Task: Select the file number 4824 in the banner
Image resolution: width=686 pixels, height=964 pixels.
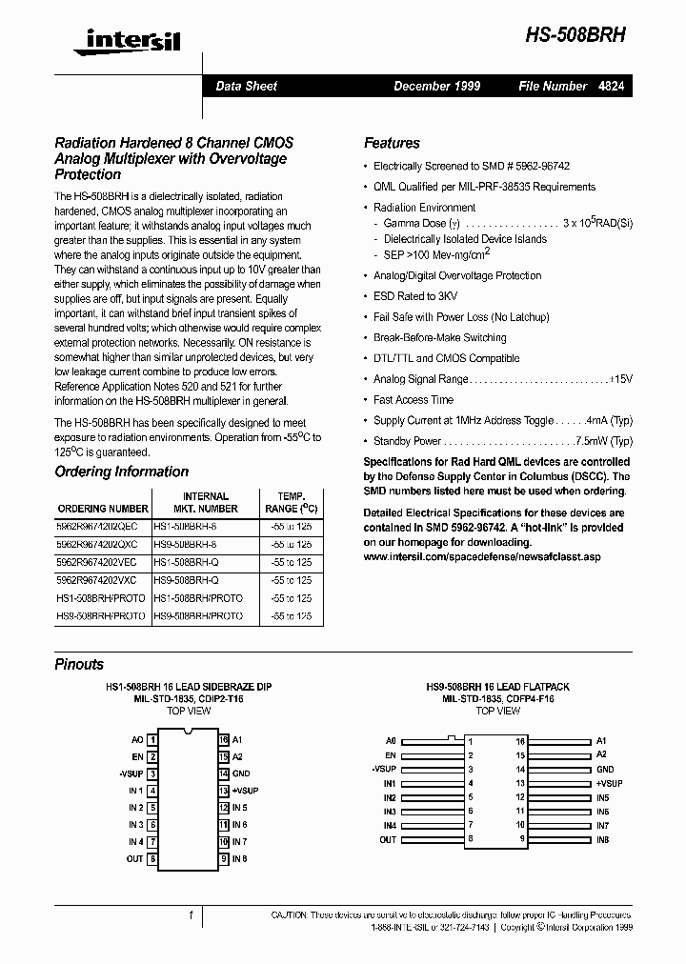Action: [x=612, y=86]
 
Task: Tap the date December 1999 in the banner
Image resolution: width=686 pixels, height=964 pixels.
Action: [x=436, y=86]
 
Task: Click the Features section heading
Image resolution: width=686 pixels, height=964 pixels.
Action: [x=392, y=143]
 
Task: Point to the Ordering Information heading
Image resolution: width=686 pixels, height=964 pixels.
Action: [x=121, y=472]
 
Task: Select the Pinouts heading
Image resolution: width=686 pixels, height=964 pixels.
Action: [x=79, y=664]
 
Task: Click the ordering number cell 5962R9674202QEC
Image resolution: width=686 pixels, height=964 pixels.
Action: [x=97, y=525]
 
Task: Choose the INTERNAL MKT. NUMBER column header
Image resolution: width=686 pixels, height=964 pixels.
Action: [x=205, y=502]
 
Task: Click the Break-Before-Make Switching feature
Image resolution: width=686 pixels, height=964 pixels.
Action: [x=439, y=337]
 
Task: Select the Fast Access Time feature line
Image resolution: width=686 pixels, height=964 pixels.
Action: [x=413, y=400]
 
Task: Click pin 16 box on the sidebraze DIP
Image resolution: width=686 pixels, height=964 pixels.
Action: [x=223, y=739]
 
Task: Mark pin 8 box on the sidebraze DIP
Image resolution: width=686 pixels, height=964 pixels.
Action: [x=153, y=858]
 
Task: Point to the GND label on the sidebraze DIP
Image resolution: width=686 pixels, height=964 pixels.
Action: [x=240, y=773]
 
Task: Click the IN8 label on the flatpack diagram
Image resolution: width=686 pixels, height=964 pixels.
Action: [x=602, y=839]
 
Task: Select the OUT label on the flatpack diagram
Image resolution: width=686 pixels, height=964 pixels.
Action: [x=388, y=839]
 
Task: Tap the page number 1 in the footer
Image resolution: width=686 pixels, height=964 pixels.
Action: [x=192, y=915]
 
